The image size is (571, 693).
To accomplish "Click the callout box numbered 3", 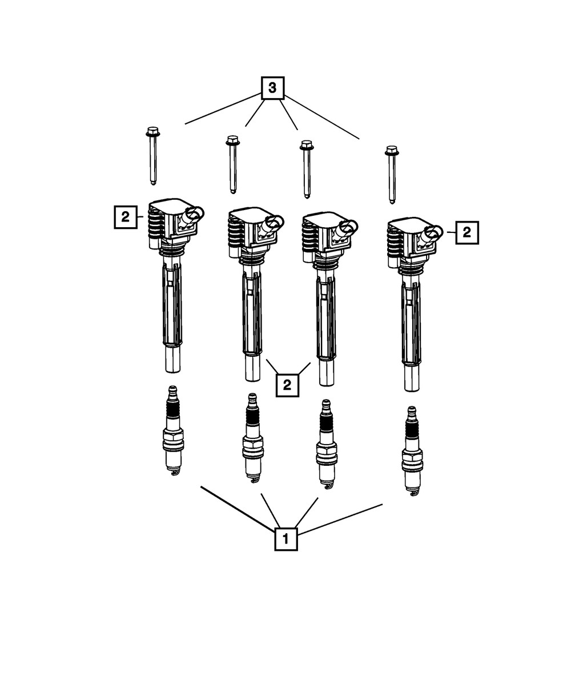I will [x=272, y=88].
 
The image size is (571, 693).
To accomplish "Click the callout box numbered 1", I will [x=286, y=539].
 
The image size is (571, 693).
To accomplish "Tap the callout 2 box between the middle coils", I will [x=287, y=384].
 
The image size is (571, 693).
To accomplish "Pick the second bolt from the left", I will [x=232, y=165].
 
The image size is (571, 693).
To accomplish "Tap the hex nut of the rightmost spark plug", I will [x=412, y=456].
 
